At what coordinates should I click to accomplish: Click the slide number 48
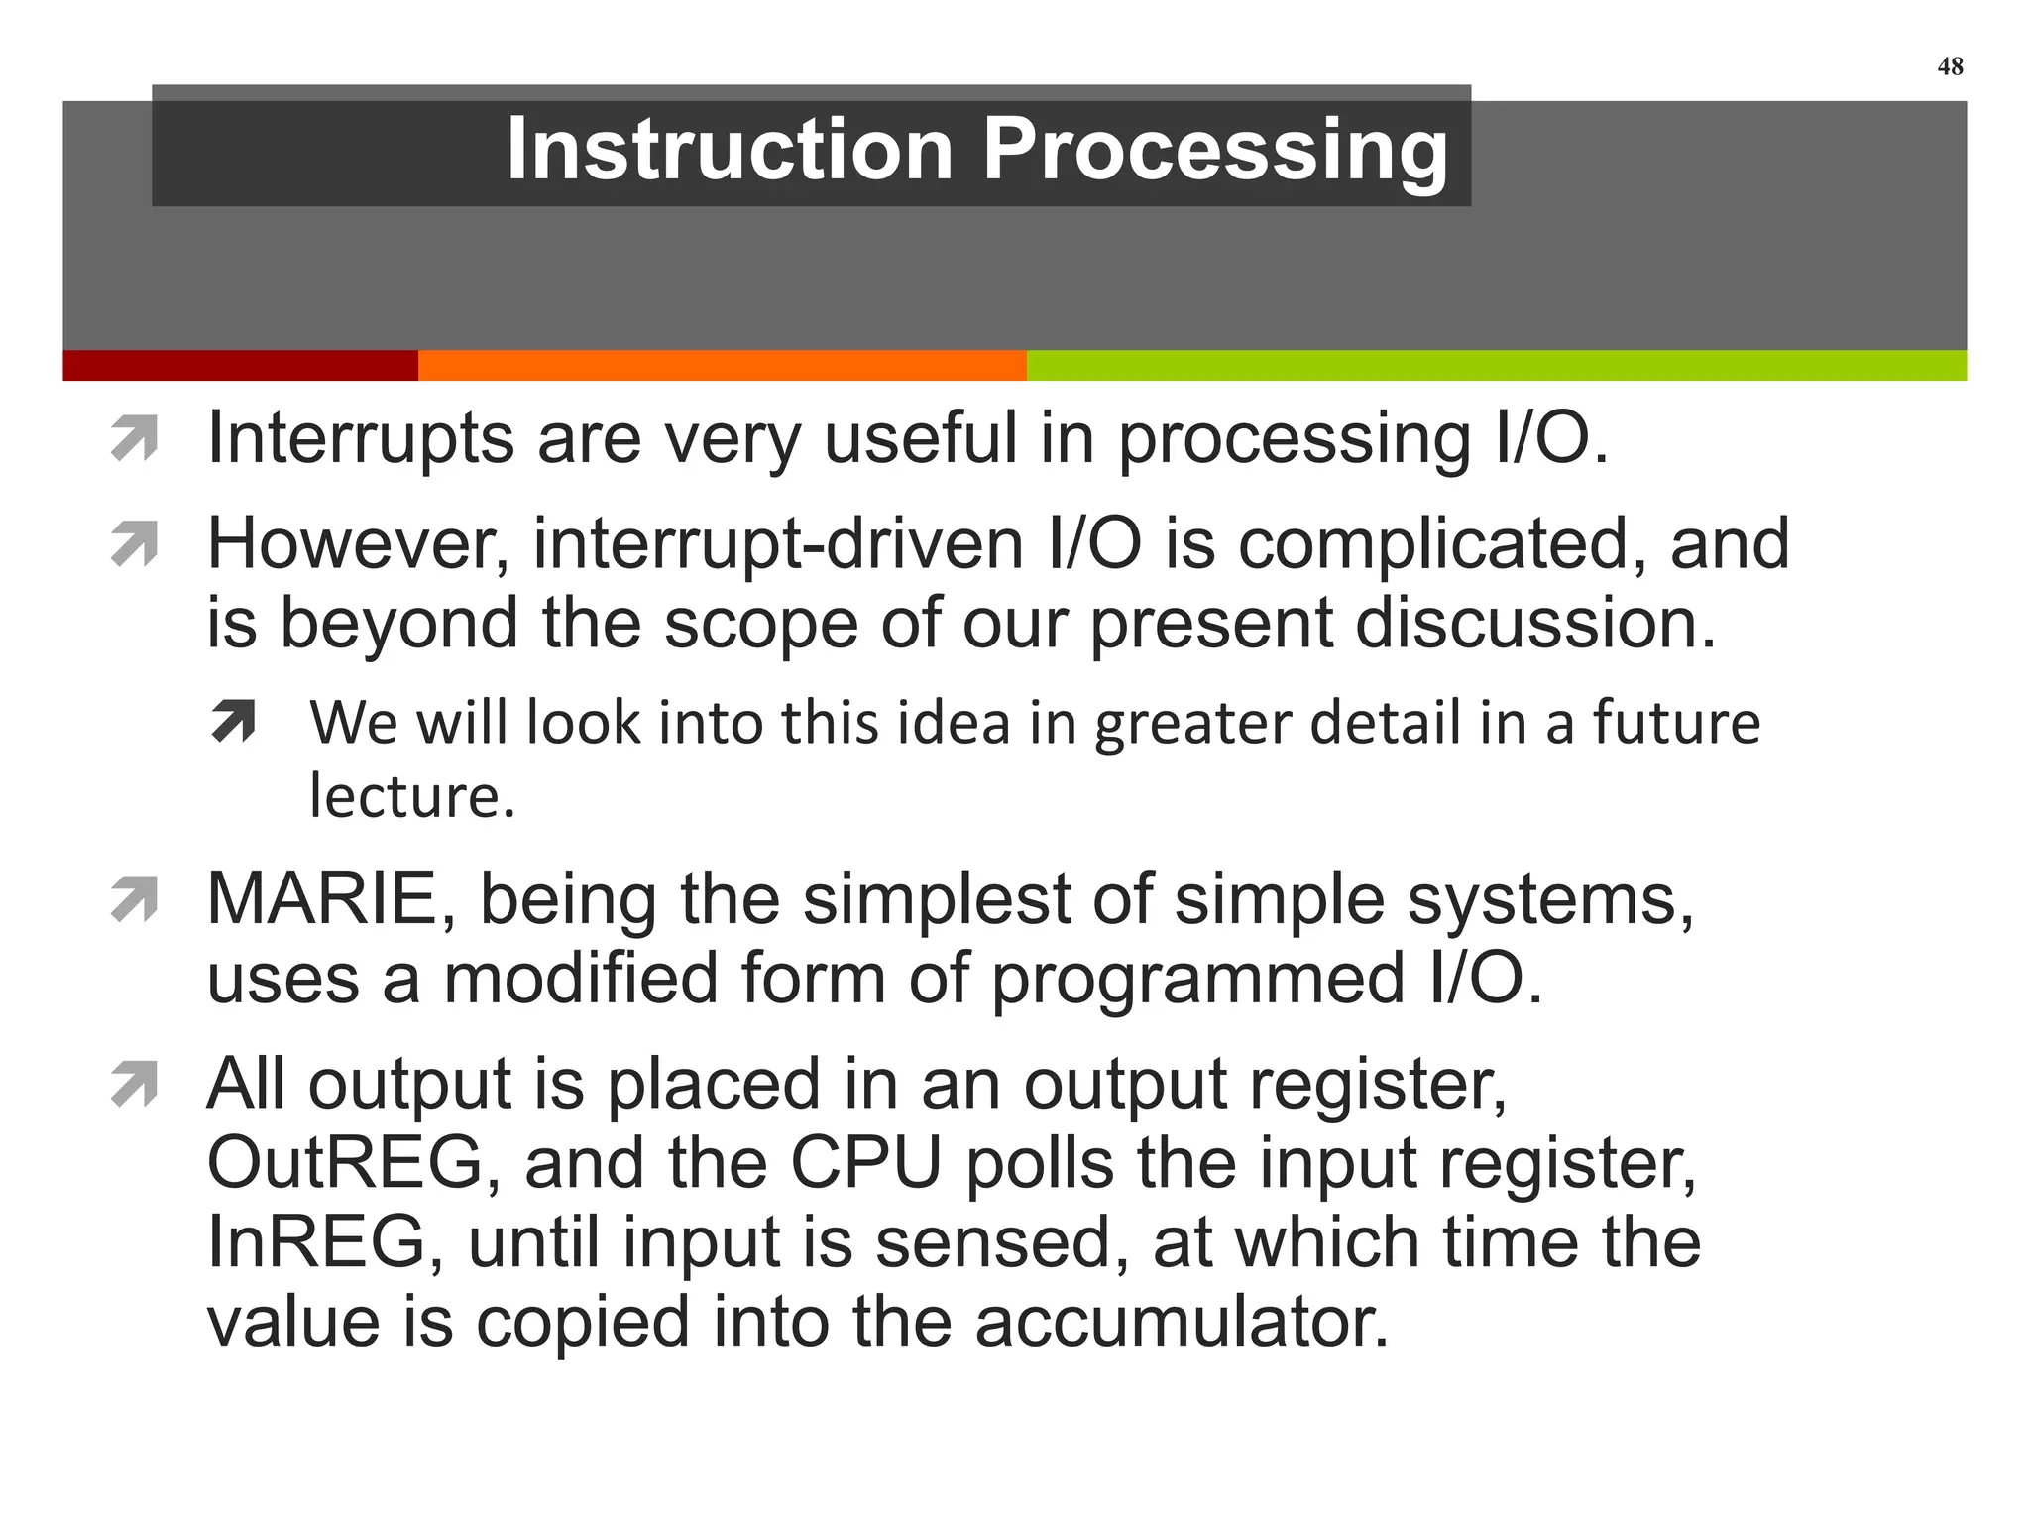pos(1950,66)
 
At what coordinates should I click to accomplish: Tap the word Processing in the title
pos(1214,151)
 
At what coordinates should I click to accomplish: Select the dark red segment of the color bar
pos(240,365)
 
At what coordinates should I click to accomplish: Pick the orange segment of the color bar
pos(722,365)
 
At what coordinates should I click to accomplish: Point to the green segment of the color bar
pos(1496,365)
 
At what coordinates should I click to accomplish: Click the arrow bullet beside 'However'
pos(135,544)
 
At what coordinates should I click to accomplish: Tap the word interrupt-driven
pos(778,544)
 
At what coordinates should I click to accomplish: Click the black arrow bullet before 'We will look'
pos(233,721)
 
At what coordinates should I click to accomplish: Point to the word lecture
pos(411,795)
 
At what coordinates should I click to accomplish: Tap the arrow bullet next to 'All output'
pos(135,1084)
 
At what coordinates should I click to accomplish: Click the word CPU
pos(865,1162)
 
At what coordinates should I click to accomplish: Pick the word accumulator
pos(1182,1322)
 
